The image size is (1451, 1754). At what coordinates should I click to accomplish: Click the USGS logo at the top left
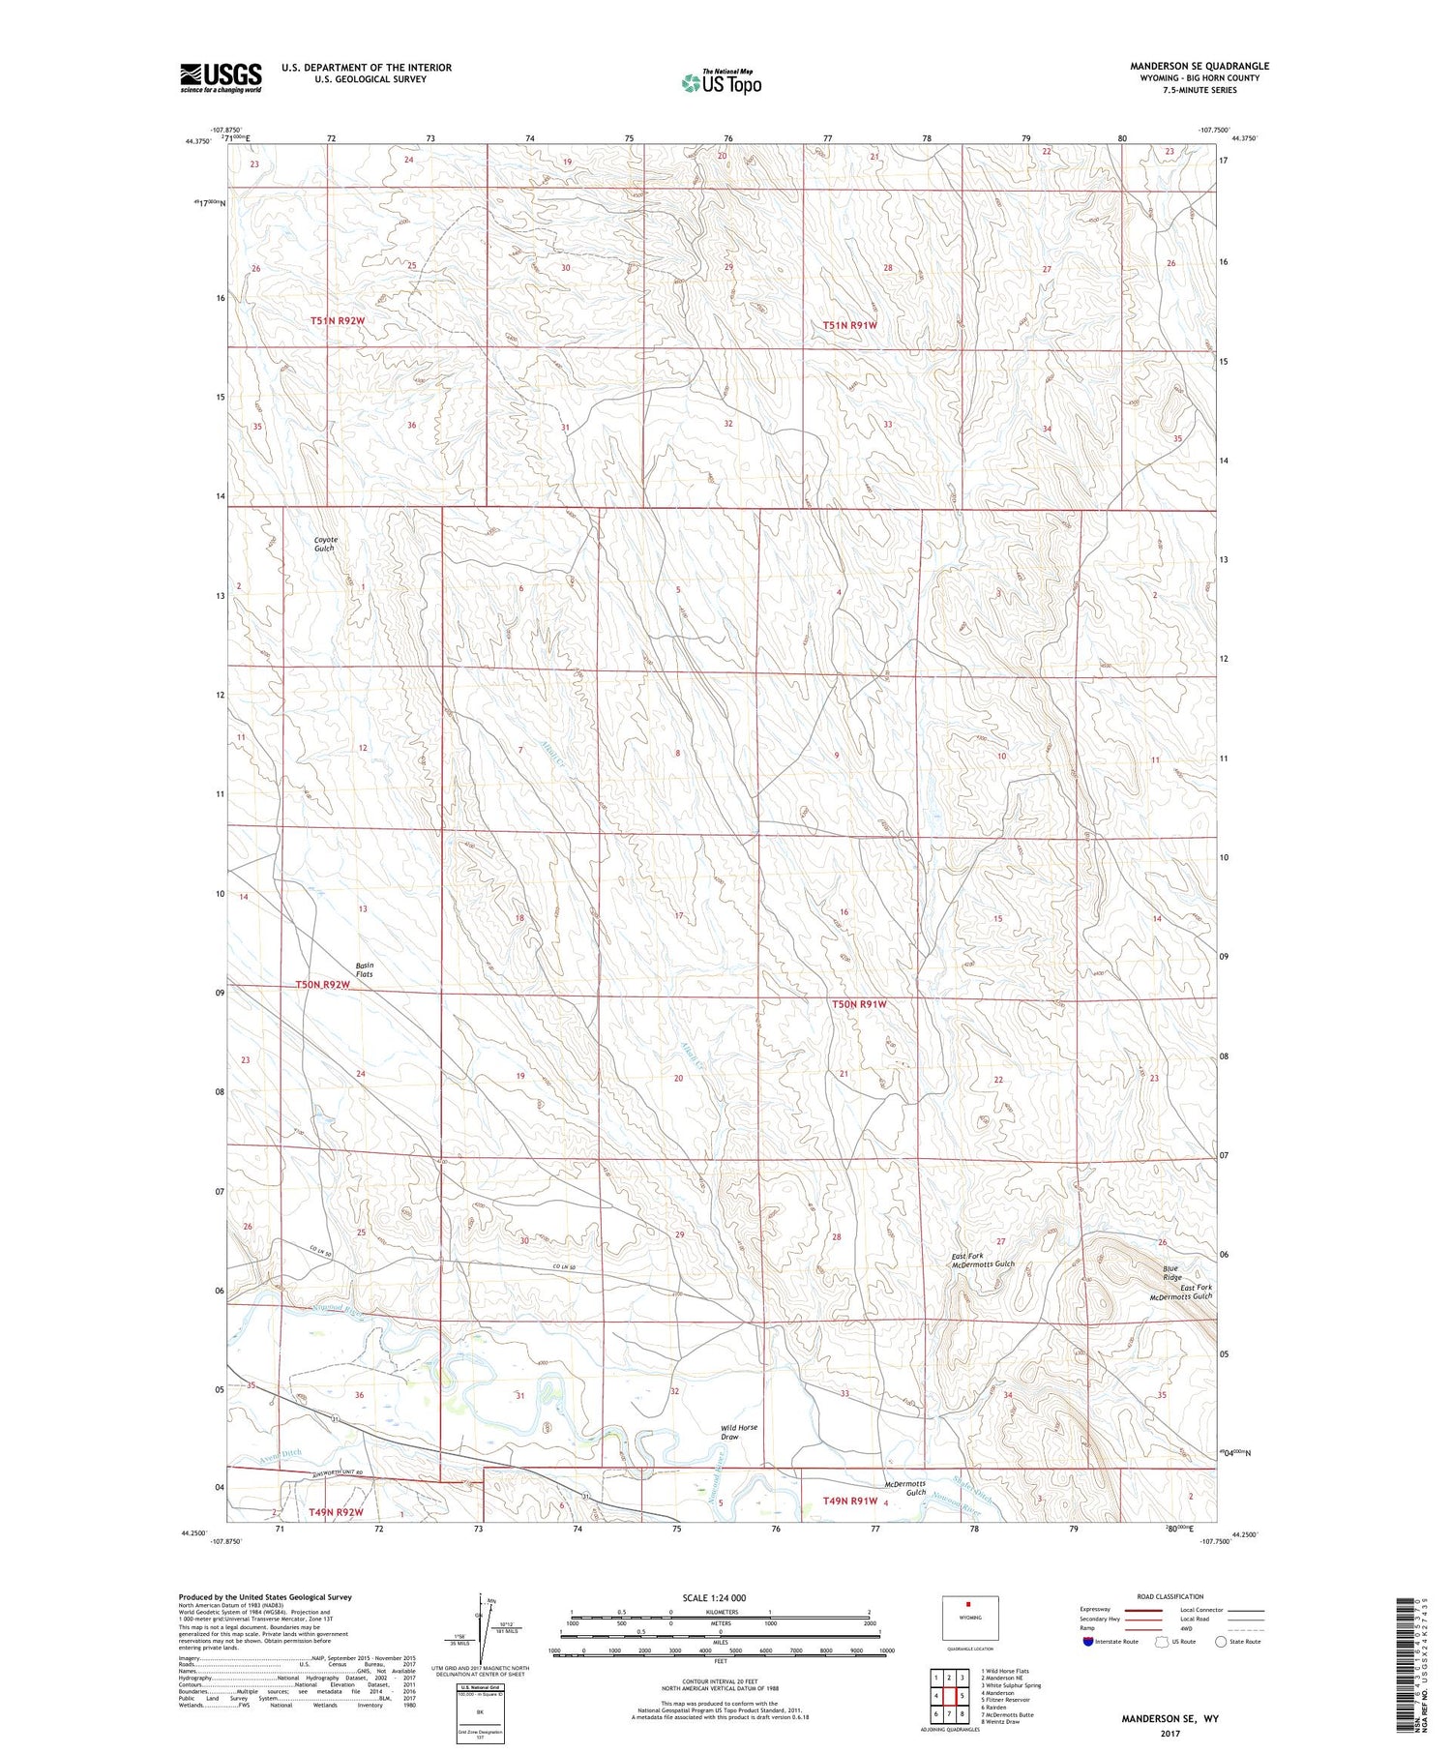point(221,77)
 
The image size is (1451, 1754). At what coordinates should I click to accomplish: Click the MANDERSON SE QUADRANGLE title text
point(1199,66)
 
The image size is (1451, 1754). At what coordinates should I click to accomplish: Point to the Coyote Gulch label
point(324,544)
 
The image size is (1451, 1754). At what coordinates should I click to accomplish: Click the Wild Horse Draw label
point(739,1432)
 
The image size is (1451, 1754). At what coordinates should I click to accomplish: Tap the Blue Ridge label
point(1171,1272)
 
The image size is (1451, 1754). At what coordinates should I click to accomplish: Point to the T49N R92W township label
point(336,1512)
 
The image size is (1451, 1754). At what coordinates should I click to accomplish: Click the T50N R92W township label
point(322,984)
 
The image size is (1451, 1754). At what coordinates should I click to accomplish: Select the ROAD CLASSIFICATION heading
point(1170,1596)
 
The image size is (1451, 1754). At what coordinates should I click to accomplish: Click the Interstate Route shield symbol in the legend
point(1088,1642)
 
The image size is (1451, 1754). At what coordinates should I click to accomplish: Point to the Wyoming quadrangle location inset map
point(969,1618)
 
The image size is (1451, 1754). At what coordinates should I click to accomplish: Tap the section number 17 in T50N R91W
point(679,915)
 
